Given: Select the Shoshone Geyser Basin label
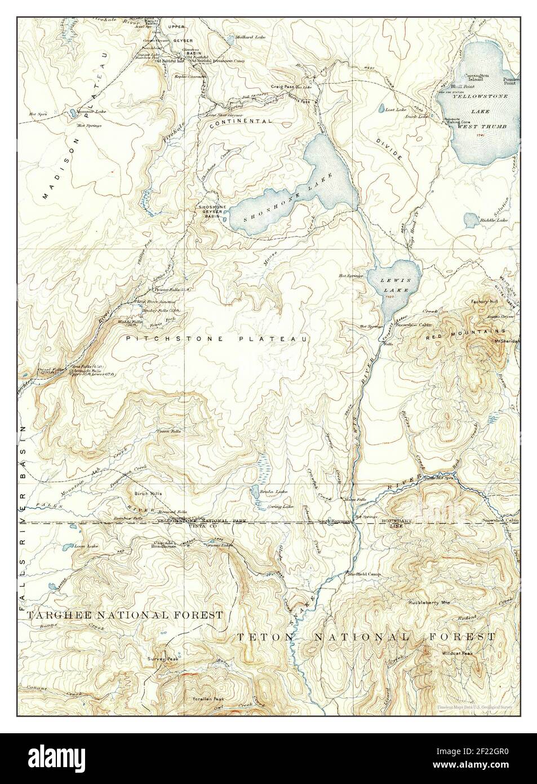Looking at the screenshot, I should click(x=212, y=212).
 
